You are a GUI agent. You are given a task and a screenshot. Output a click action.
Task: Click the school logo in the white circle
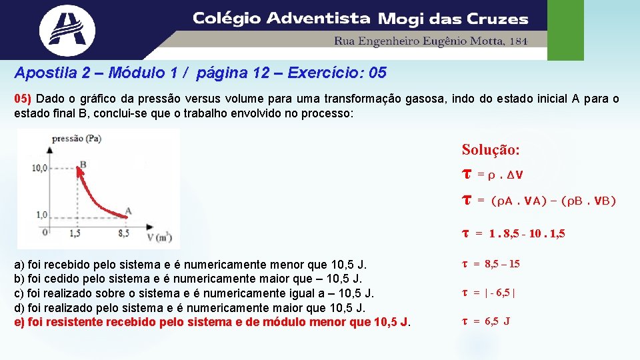[x=67, y=29]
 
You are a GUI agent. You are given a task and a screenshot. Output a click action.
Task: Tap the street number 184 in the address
[x=518, y=41]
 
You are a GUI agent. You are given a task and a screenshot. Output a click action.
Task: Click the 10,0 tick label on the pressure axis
[x=41, y=168]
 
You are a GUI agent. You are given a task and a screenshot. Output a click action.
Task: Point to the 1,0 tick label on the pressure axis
[x=41, y=215]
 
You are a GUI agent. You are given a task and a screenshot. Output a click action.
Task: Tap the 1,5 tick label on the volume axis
[x=74, y=234]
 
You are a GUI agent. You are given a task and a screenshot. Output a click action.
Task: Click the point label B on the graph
[x=83, y=163]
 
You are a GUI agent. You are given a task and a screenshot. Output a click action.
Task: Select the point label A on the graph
[x=128, y=211]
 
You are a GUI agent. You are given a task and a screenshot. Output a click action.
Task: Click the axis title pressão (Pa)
[x=77, y=139]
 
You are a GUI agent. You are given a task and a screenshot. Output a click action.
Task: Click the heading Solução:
[x=490, y=150]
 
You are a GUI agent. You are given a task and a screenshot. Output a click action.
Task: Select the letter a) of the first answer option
[x=20, y=265]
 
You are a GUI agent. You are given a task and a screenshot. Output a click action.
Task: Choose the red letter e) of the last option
[x=20, y=322]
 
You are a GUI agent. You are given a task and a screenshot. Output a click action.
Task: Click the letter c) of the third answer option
[x=20, y=293]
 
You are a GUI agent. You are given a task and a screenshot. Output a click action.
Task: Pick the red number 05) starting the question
[x=23, y=99]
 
